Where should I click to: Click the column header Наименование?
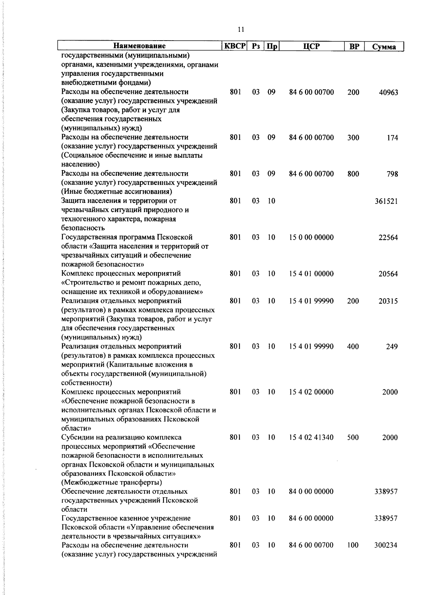[x=139, y=46]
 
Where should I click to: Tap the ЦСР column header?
[x=311, y=46]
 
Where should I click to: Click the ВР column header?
[x=354, y=46]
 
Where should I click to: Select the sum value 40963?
[x=388, y=93]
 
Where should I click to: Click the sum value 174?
[x=392, y=138]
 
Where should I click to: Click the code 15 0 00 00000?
[x=311, y=238]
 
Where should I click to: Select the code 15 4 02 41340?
[x=311, y=438]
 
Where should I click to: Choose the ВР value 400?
[x=353, y=347]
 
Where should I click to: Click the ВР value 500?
[x=353, y=438]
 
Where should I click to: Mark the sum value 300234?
[x=386, y=546]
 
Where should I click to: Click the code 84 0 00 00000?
[x=311, y=492]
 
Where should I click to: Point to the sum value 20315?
[x=388, y=301]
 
